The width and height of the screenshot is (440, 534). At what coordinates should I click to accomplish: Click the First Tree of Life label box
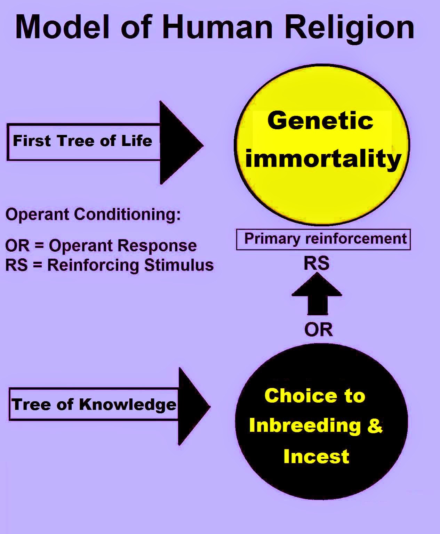point(84,142)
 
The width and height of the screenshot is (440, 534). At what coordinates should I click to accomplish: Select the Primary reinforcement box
point(323,240)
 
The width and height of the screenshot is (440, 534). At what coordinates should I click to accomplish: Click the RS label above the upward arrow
point(317,264)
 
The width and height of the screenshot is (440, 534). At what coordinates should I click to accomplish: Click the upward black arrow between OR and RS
point(317,294)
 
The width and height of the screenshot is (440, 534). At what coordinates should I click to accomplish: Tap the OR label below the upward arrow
point(318,330)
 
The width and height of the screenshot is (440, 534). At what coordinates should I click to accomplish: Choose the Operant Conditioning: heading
point(93,214)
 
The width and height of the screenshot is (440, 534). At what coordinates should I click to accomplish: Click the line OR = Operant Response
point(101,246)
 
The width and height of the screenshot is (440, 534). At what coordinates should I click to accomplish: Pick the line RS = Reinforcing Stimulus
point(109,265)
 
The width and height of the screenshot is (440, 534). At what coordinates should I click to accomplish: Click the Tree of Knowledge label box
point(94,404)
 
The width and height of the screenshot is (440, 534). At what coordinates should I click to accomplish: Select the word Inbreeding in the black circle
point(305,426)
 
